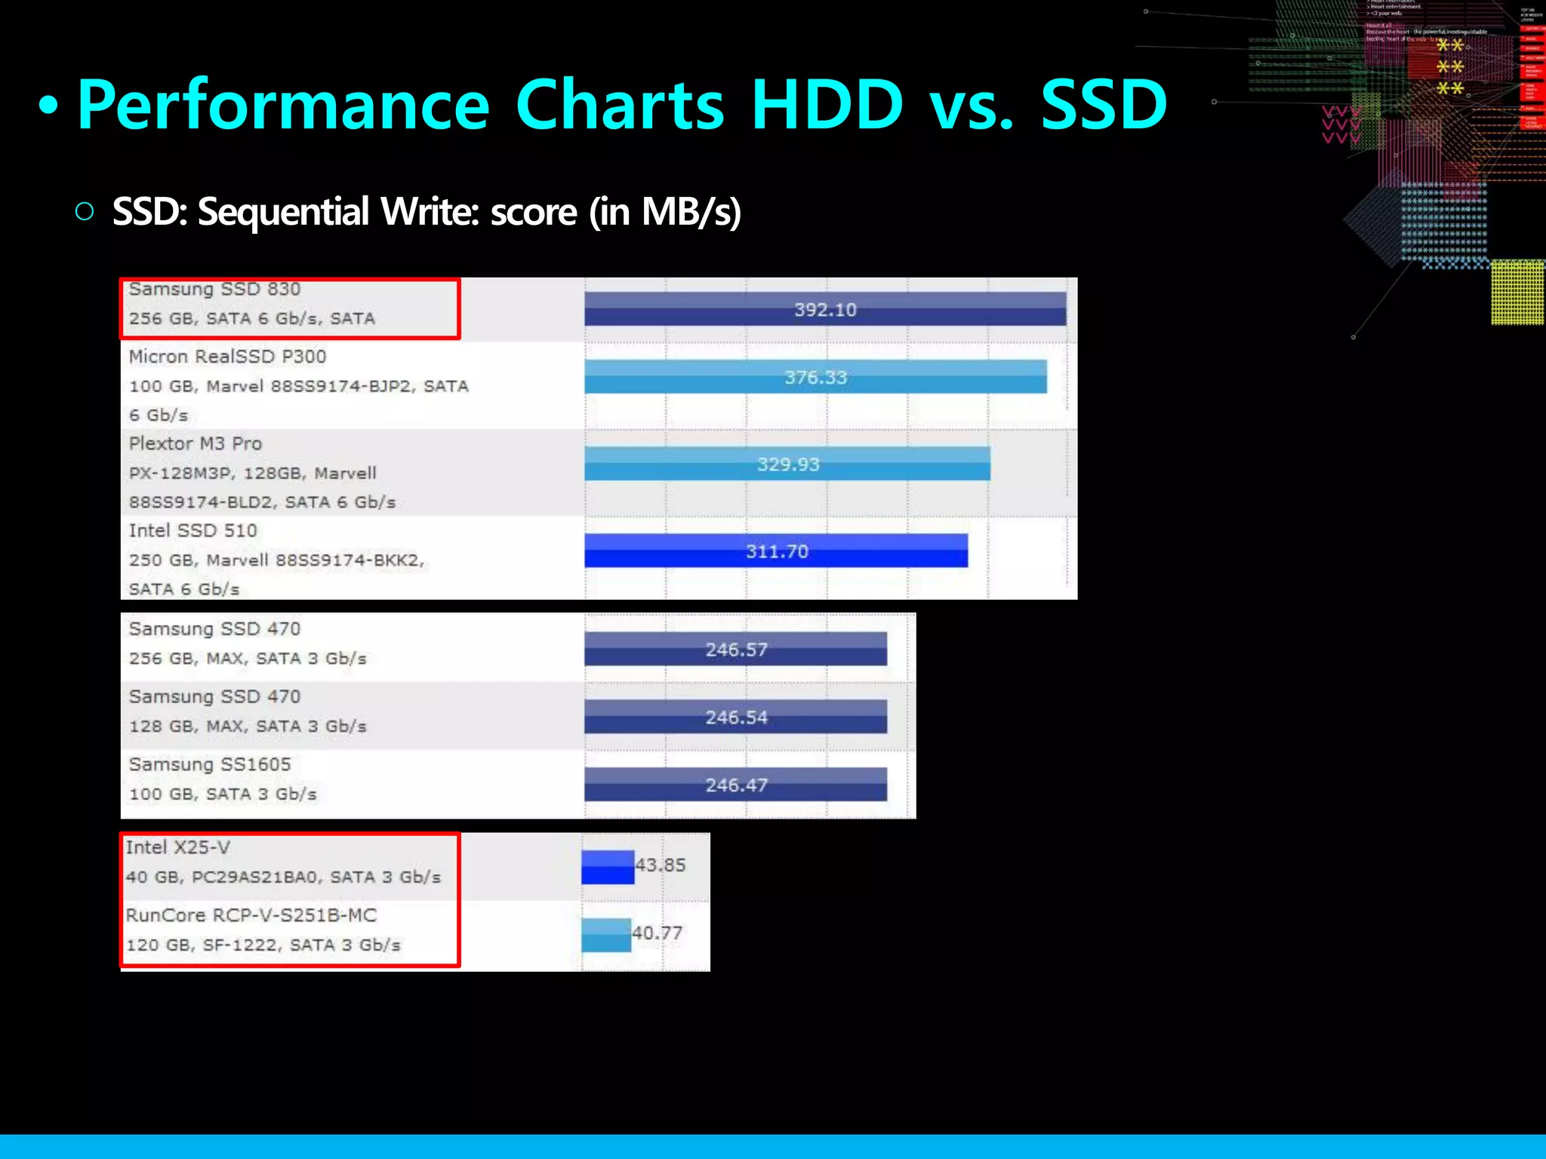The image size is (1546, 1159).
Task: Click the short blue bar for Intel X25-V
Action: pyautogui.click(x=608, y=867)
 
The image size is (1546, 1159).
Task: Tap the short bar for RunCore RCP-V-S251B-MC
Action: pyautogui.click(x=606, y=935)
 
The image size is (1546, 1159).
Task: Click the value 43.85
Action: pyautogui.click(x=661, y=865)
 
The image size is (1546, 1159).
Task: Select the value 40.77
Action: pyautogui.click(x=658, y=933)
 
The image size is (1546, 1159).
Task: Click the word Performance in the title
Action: pyautogui.click(x=284, y=106)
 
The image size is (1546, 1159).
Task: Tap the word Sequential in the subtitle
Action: pyautogui.click(x=284, y=212)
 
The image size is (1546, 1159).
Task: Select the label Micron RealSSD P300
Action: pyautogui.click(x=227, y=356)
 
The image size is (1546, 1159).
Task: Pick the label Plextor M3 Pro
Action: pyautogui.click(x=196, y=444)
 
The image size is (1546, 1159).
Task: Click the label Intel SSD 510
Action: pyautogui.click(x=192, y=530)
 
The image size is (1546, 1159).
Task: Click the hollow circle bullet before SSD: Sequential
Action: pyautogui.click(x=85, y=211)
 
